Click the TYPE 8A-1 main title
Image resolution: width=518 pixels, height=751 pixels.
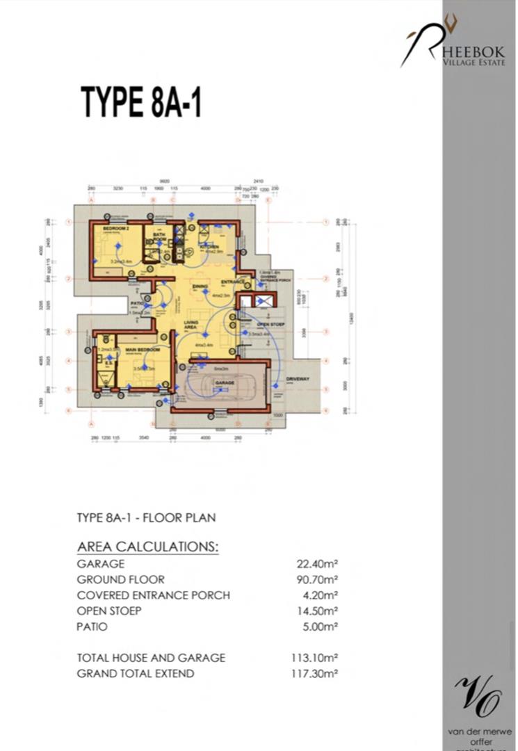[141, 102]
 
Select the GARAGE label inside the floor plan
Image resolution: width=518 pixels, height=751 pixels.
[224, 383]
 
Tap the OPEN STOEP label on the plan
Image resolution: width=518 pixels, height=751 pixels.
[268, 324]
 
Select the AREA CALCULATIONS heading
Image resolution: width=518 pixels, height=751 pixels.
[147, 547]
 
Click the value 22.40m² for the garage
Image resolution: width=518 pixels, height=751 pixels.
[317, 564]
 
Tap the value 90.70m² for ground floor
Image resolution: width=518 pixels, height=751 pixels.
[317, 579]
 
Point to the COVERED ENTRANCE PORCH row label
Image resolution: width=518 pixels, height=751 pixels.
[153, 595]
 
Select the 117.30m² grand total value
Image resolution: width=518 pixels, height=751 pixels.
[314, 673]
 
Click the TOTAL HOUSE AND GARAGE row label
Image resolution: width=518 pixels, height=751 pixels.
[151, 657]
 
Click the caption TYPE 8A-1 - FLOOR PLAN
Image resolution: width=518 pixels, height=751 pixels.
[146, 518]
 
